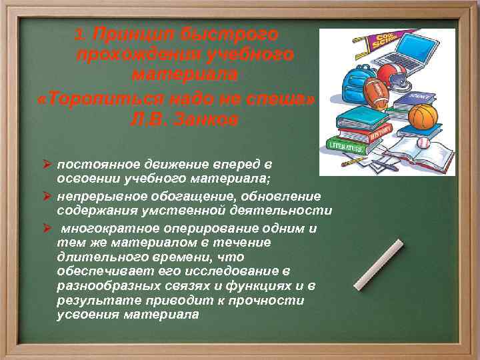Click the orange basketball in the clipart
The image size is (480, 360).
(x=423, y=116)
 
